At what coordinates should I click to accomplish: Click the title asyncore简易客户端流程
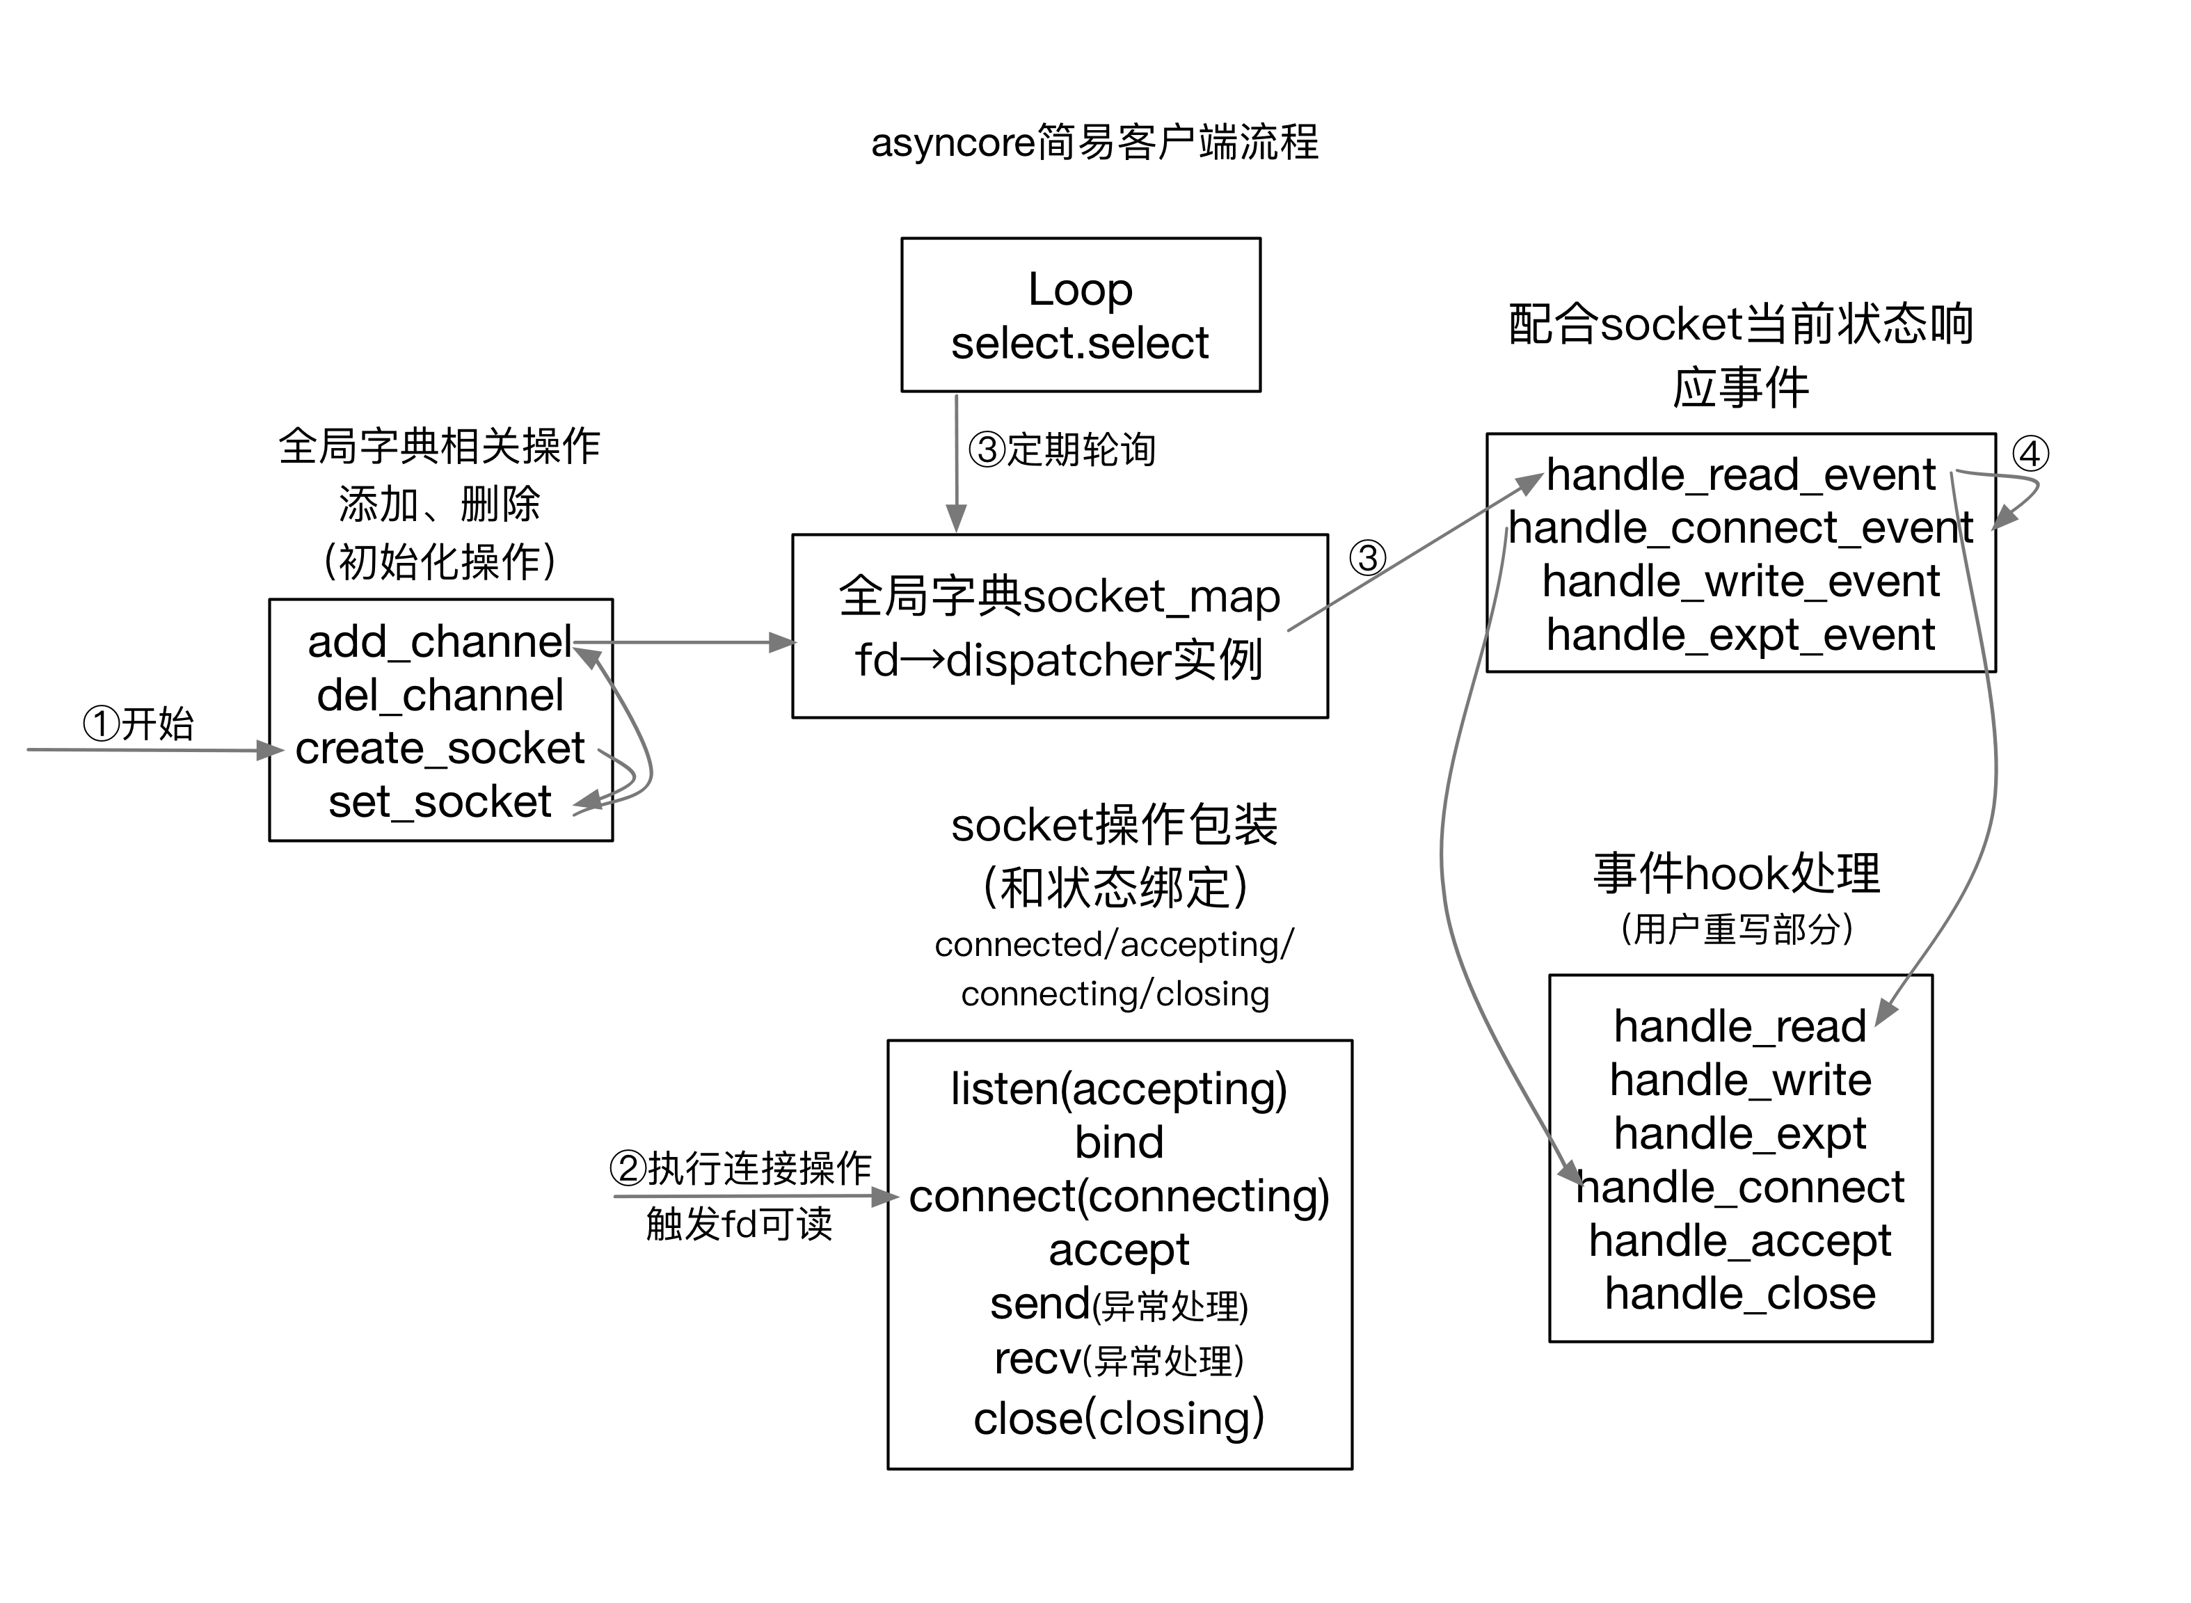pyautogui.click(x=1094, y=143)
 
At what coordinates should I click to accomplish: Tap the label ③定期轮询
pyautogui.click(x=1062, y=450)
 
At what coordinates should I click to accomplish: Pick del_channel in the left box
pyautogui.click(x=440, y=695)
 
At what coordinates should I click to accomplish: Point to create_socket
pyautogui.click(x=440, y=748)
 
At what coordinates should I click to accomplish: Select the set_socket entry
pyautogui.click(x=440, y=801)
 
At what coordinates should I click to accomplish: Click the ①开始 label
pyautogui.click(x=138, y=724)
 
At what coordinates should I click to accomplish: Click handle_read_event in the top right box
pyautogui.click(x=1741, y=474)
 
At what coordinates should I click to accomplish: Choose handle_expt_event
pyautogui.click(x=1741, y=635)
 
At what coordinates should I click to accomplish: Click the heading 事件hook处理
pyautogui.click(x=1737, y=872)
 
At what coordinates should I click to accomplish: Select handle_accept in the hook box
pyautogui.click(x=1740, y=1240)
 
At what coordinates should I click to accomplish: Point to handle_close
pyautogui.click(x=1740, y=1293)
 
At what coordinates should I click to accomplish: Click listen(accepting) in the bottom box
pyautogui.click(x=1119, y=1089)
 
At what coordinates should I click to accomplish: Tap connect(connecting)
pyautogui.click(x=1119, y=1197)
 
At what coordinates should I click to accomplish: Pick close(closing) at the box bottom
pyautogui.click(x=1119, y=1418)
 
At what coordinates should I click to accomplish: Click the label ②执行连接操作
pyautogui.click(x=740, y=1168)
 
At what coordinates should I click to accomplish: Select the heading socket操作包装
pyautogui.click(x=1114, y=824)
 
